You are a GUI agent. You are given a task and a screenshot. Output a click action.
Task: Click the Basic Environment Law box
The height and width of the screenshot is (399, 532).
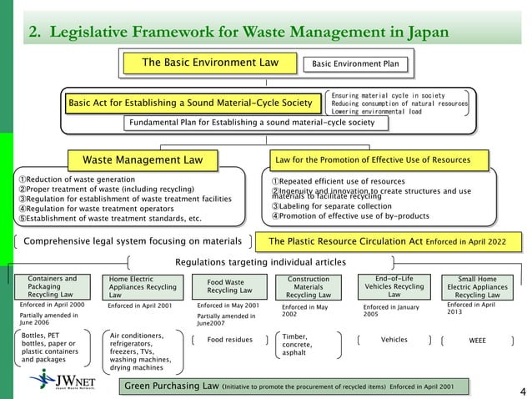click(x=209, y=63)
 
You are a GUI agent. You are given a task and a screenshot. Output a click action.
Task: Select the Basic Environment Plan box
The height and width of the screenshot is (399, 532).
click(x=355, y=63)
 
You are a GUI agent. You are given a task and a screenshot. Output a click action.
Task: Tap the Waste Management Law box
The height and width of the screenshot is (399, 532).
click(x=148, y=159)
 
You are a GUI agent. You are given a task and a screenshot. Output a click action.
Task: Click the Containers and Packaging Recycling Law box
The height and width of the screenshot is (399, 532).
click(x=53, y=286)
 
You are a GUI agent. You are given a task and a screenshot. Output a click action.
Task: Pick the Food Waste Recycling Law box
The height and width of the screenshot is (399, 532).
click(x=224, y=286)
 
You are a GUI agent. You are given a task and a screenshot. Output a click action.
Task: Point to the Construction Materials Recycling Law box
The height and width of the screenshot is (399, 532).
click(x=309, y=286)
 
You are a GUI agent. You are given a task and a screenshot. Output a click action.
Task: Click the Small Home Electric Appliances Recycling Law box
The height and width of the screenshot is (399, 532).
click(x=478, y=286)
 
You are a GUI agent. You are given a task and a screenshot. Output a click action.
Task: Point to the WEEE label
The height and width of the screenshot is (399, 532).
click(x=478, y=341)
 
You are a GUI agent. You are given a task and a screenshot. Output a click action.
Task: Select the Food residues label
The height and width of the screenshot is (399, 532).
click(x=229, y=341)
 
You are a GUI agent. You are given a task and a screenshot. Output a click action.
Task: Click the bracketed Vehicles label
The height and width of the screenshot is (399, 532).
click(x=394, y=341)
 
